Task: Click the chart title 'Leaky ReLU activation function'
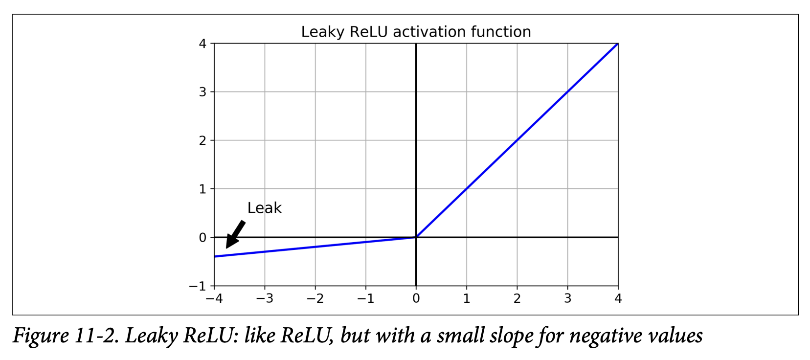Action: (x=416, y=32)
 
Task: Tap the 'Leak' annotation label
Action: (x=264, y=208)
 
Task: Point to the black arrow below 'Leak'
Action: (x=235, y=234)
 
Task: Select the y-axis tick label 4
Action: (x=202, y=44)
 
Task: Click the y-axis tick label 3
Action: (x=202, y=92)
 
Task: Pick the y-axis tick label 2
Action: (x=202, y=140)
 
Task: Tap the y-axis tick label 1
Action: (x=202, y=189)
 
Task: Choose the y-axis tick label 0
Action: (x=202, y=237)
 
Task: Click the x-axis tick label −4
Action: (x=214, y=298)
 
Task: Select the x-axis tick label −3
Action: (x=265, y=298)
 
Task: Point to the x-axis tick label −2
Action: (x=315, y=298)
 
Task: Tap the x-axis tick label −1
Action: (x=365, y=298)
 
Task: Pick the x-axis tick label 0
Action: (x=416, y=298)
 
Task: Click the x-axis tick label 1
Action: (x=467, y=298)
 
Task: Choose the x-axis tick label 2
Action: (x=517, y=298)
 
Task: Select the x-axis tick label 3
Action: (x=567, y=298)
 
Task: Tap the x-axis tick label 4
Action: (x=618, y=298)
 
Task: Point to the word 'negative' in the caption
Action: (x=606, y=336)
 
